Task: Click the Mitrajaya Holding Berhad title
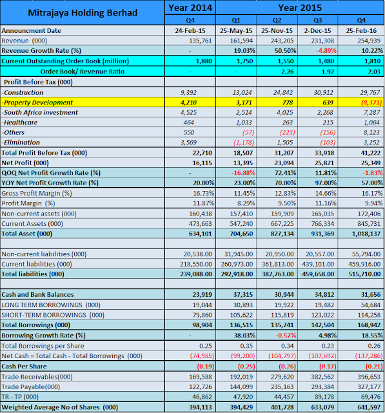pos(83,13)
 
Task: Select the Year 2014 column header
pos(190,8)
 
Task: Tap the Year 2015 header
pos(300,8)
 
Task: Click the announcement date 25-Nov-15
pos(277,31)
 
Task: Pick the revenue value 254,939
pos(369,41)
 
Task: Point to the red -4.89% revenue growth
pos(326,50)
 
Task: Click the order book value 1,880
pos(204,61)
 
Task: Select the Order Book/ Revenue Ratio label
pos(83,72)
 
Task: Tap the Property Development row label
pos(37,102)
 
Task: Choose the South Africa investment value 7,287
pos(372,112)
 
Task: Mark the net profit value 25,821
pos(324,163)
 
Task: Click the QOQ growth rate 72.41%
pos(285,173)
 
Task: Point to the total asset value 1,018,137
pos(366,234)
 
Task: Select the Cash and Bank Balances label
pos(37,294)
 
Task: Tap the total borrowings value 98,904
pos(202,325)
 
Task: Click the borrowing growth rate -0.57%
pos(286,336)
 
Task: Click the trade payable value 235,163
pos(282,387)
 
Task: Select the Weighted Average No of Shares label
pos(60,407)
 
